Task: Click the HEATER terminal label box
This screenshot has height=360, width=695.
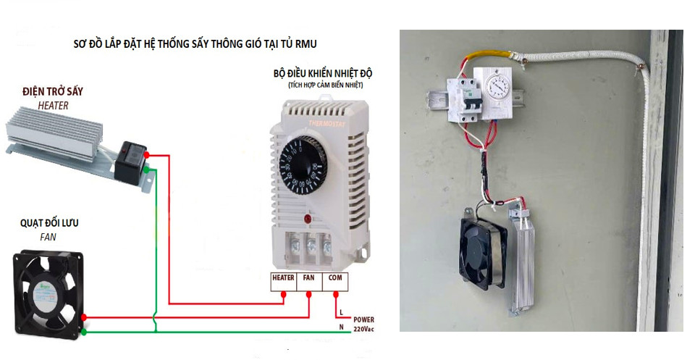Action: [283, 277]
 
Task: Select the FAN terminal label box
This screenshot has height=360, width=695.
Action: [309, 277]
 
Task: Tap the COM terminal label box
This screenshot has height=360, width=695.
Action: [336, 277]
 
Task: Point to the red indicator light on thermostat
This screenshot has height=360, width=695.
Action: [308, 218]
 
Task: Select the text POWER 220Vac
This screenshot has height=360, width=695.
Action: [364, 323]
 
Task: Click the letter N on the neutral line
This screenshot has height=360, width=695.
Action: [341, 328]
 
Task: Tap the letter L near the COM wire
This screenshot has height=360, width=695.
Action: [341, 312]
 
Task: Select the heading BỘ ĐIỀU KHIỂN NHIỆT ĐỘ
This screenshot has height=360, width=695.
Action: [323, 74]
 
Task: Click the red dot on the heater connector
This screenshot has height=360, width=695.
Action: [147, 155]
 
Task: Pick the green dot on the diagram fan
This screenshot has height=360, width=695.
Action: [85, 332]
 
